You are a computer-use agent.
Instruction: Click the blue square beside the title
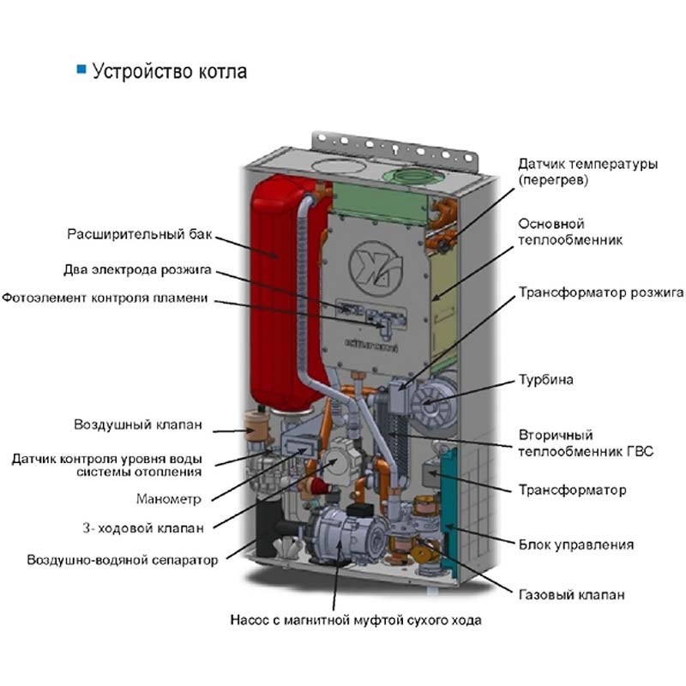click(81, 69)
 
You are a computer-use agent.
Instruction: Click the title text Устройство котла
click(170, 71)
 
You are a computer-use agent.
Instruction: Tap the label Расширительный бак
click(140, 234)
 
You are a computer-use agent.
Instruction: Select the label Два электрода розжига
click(137, 269)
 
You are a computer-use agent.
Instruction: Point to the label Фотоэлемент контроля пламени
click(105, 298)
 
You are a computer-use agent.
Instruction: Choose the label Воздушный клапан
click(138, 424)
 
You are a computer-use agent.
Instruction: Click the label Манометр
click(169, 499)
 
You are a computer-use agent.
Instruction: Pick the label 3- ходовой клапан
click(143, 528)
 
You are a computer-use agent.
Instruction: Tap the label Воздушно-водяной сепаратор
click(123, 560)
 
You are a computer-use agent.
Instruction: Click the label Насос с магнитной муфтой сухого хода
click(356, 620)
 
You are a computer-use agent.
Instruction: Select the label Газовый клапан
click(571, 594)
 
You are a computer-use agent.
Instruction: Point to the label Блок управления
click(576, 545)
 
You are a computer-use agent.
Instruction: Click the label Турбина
click(546, 379)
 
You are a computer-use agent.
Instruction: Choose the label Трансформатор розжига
click(601, 292)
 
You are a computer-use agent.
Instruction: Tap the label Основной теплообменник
click(570, 232)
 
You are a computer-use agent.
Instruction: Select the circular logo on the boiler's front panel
click(376, 268)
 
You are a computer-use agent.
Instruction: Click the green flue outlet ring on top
click(413, 177)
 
